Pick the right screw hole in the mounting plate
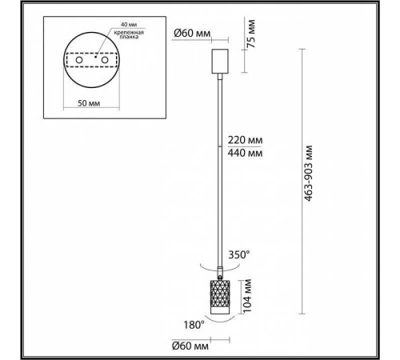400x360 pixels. pos(106,60)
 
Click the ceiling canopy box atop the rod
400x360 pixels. pos(218,61)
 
